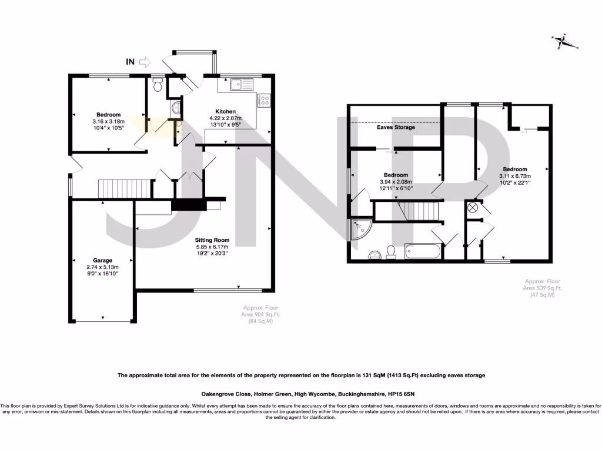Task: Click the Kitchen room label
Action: click(225, 111)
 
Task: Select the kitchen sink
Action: click(239, 84)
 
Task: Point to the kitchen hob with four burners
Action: click(263, 101)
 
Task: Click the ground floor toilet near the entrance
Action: click(156, 86)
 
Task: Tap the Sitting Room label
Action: click(213, 240)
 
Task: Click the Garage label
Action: click(102, 260)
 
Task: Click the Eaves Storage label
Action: click(396, 127)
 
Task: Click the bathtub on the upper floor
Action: click(421, 251)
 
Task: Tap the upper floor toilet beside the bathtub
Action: click(390, 252)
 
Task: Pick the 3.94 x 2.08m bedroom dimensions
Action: click(396, 182)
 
